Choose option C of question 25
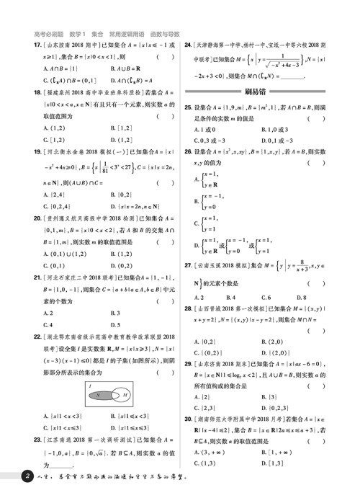click(208, 141)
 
